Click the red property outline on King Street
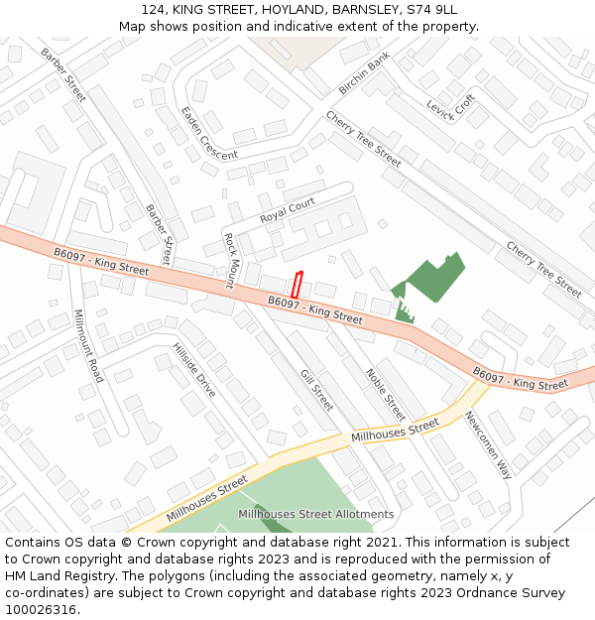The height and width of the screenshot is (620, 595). click(296, 284)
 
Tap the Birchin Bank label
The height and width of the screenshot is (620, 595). click(364, 76)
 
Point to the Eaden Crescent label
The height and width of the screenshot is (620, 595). click(208, 134)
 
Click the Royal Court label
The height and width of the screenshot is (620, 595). click(288, 210)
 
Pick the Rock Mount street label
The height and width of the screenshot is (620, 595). click(229, 260)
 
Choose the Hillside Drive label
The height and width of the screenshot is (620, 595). click(194, 370)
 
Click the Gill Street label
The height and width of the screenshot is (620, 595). click(316, 390)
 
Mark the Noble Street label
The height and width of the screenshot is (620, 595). click(386, 394)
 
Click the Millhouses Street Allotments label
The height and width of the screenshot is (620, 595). click(315, 514)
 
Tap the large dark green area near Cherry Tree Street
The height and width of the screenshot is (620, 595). click(434, 277)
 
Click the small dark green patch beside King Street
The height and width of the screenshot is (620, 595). click(404, 313)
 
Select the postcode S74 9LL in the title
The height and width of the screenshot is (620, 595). click(430, 9)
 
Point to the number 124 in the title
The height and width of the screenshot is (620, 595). click(153, 9)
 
